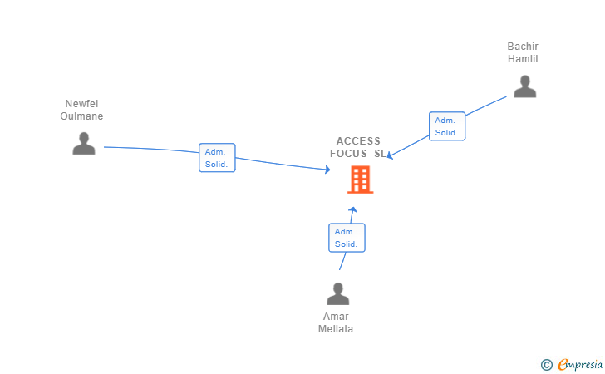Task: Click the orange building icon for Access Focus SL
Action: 360,180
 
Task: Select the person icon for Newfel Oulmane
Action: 83,143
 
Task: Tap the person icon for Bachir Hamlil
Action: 524,86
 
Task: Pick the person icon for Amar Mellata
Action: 337,293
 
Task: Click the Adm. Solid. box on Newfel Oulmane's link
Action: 218,158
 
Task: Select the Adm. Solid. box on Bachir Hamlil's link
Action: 447,126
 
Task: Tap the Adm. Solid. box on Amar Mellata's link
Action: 347,238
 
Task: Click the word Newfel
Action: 81,104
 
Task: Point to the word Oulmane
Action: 81,116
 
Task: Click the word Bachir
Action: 524,47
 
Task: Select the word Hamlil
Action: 524,59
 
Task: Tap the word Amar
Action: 336,317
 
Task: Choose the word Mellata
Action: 336,329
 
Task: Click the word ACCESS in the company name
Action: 358,141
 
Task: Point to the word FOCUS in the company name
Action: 348,154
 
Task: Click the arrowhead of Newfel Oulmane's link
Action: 327,170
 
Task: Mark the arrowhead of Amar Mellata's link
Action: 353,209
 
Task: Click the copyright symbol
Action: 546,364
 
